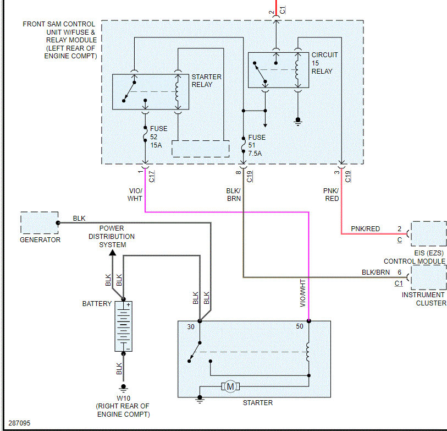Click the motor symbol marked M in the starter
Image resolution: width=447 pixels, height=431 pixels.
[230, 387]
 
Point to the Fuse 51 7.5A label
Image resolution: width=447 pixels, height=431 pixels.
[256, 145]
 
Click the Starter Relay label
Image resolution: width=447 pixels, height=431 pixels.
[206, 81]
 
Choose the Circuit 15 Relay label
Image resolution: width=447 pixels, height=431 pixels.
[324, 63]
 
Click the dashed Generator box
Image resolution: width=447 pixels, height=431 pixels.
[40, 223]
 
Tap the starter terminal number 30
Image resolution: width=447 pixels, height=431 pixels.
[191, 326]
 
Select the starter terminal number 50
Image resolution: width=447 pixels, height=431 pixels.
[300, 326]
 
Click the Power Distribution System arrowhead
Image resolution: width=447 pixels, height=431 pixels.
[112, 252]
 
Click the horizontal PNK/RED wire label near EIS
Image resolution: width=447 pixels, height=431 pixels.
[365, 228]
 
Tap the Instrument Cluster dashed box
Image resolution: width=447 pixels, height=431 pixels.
[428, 277]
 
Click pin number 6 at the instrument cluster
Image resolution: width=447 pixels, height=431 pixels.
[399, 272]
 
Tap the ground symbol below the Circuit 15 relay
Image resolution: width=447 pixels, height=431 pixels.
[298, 120]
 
